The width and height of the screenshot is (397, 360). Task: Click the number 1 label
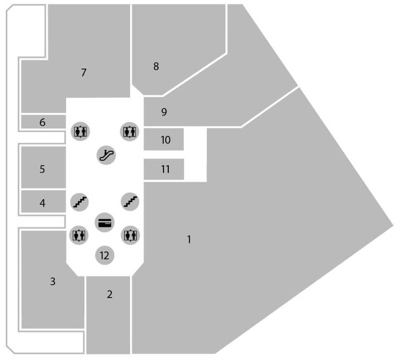[189, 239]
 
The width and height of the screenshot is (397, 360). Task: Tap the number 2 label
[109, 295]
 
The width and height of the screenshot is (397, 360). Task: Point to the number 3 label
[52, 282]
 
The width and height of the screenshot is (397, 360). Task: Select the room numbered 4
[43, 203]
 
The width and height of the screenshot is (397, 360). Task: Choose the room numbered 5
[43, 169]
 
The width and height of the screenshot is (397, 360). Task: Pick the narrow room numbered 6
[43, 122]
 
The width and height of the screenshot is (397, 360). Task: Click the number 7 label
[84, 73]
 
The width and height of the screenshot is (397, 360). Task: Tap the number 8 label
[156, 66]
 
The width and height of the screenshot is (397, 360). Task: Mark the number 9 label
[164, 112]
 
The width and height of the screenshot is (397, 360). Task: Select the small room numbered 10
[165, 140]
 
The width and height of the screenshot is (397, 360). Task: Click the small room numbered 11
[165, 169]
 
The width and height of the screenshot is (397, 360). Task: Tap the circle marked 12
[105, 255]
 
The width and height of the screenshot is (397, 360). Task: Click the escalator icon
[107, 155]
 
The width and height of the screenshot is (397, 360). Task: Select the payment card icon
[105, 223]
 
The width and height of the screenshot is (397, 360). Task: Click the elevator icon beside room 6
[80, 131]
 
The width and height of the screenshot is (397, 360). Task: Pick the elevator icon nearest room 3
[78, 235]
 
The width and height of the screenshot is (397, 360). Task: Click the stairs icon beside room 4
[80, 202]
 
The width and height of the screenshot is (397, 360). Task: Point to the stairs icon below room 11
[131, 202]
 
